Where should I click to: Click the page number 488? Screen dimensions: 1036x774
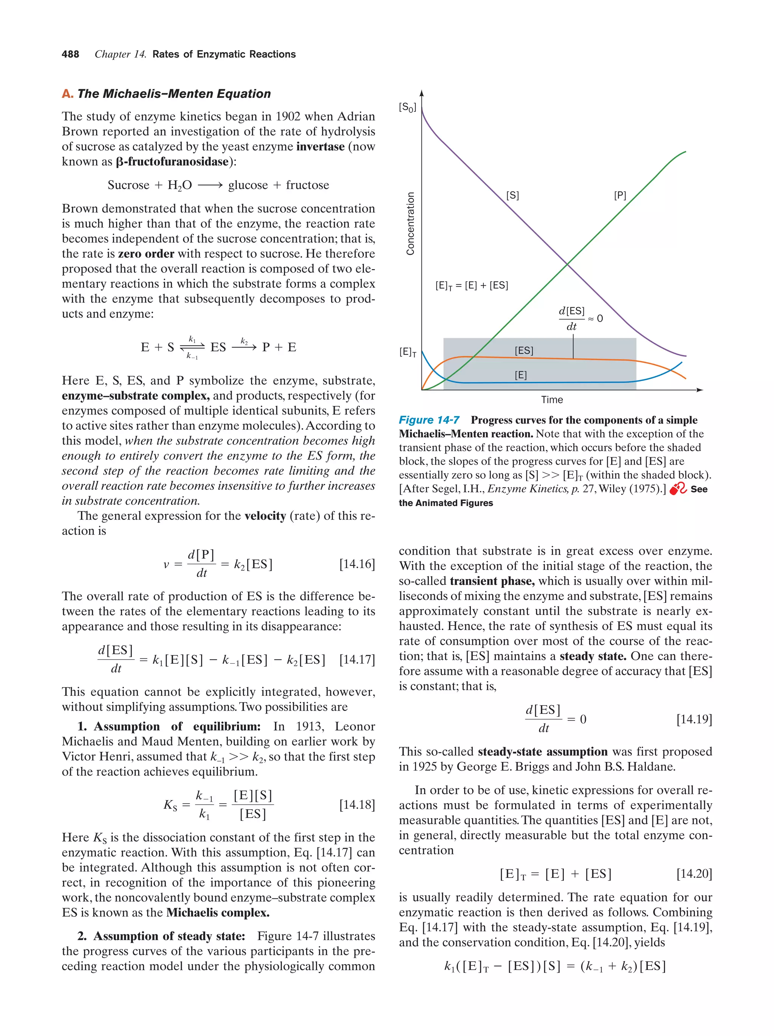tap(70, 54)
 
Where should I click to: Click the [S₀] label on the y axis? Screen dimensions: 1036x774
tap(407, 107)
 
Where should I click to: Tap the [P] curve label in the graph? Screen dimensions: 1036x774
tap(619, 195)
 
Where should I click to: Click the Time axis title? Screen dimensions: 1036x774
tap(551, 400)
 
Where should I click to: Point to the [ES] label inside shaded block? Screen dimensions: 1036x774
tap(523, 350)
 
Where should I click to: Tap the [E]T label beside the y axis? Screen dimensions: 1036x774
tap(407, 352)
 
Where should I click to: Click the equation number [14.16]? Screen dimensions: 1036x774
tap(357, 564)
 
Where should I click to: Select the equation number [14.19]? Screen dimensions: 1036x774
tap(694, 719)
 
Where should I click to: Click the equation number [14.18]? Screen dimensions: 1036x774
tap(357, 805)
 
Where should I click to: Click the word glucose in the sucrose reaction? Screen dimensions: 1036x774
tap(248, 185)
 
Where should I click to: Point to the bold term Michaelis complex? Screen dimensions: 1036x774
tap(218, 912)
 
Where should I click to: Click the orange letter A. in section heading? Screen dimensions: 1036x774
tap(67, 94)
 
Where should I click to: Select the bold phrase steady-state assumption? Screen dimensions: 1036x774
tap(542, 751)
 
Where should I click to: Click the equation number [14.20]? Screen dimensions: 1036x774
tap(694, 873)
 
